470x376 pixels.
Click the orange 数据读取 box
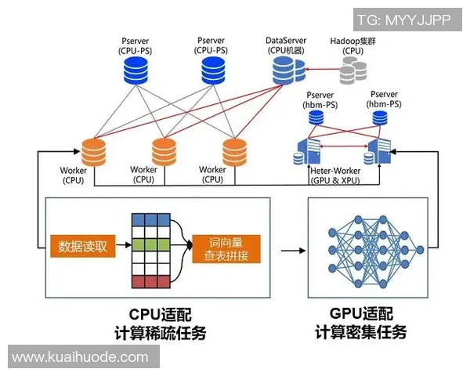pos(84,248)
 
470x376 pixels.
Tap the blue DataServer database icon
pos(287,72)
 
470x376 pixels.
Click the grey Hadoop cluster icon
pos(353,72)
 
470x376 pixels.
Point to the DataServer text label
pos(285,38)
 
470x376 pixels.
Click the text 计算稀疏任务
pos(155,332)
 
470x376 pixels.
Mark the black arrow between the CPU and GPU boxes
pos(291,251)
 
